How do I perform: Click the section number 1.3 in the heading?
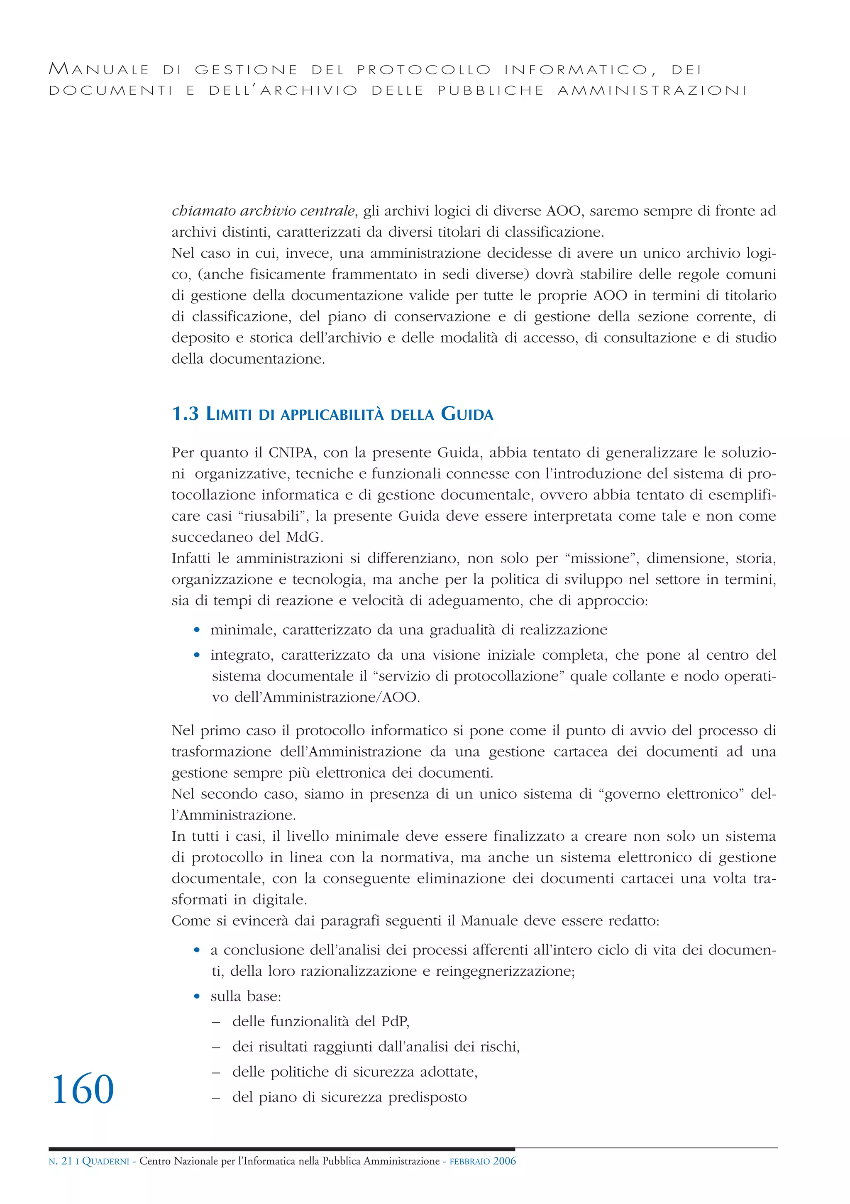[x=185, y=414]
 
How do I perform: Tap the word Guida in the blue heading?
[x=467, y=414]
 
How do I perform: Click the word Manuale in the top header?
[x=99, y=69]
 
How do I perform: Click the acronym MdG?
[x=305, y=537]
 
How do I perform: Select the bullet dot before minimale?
[x=197, y=630]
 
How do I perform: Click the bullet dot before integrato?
[x=197, y=655]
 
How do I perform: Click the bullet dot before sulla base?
[x=197, y=996]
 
